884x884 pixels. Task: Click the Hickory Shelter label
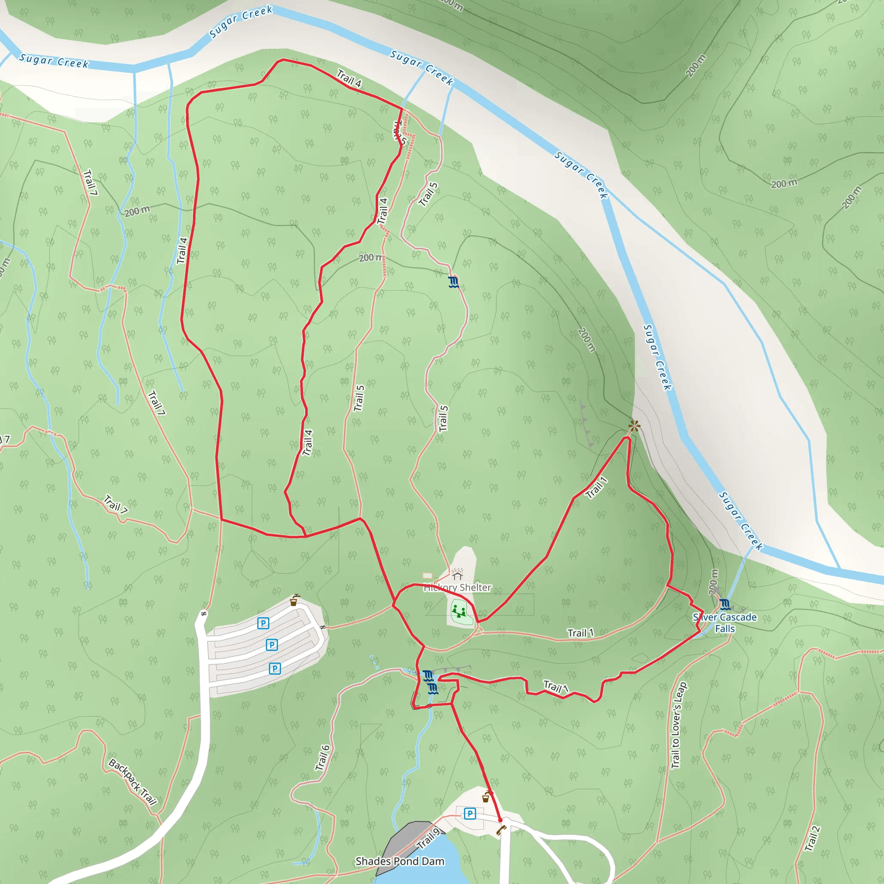click(457, 587)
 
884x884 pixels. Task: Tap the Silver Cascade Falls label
click(725, 623)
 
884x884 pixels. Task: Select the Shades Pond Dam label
click(399, 861)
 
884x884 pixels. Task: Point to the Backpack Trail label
click(133, 782)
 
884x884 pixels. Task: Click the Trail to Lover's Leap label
click(678, 725)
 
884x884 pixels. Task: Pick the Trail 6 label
click(322, 758)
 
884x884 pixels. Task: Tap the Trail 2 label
click(812, 839)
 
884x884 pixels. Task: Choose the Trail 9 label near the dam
click(429, 838)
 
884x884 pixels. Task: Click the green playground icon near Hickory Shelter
click(459, 611)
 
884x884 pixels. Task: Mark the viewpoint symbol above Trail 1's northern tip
click(634, 426)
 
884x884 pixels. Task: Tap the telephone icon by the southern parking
click(502, 830)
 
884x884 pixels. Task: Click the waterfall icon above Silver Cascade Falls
click(725, 604)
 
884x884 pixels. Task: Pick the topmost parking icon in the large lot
click(263, 623)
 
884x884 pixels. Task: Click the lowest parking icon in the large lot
click(275, 669)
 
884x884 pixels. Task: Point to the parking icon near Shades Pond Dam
click(470, 814)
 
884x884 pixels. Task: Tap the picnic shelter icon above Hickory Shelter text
click(457, 573)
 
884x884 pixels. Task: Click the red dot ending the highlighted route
click(500, 821)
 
